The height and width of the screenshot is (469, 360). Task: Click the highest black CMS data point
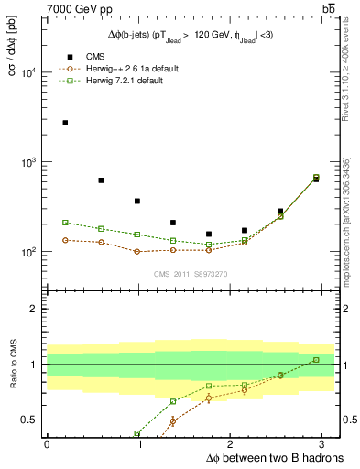[65, 123]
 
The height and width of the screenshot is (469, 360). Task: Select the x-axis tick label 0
[47, 444]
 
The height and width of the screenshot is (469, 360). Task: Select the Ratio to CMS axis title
[11, 364]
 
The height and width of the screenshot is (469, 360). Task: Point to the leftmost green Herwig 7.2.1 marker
[65, 223]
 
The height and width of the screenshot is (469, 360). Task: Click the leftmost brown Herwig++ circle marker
[65, 240]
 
